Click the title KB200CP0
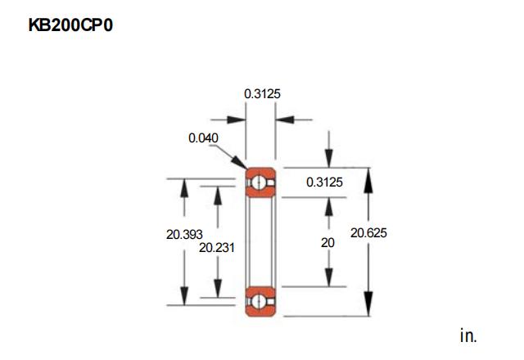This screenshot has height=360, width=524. tap(70, 25)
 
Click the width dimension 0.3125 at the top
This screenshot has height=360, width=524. tap(262, 94)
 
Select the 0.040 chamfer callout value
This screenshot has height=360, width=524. tap(203, 138)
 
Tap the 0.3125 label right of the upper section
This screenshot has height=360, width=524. tap(324, 182)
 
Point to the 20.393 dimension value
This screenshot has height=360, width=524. tap(184, 235)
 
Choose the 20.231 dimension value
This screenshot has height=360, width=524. tap(217, 247)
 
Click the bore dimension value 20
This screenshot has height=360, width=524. tap(327, 243)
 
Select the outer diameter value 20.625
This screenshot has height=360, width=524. tap(368, 232)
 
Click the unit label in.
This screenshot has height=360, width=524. tap(468, 335)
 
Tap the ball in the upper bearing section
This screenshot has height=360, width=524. tap(259, 182)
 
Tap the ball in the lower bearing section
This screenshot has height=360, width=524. tap(259, 302)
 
